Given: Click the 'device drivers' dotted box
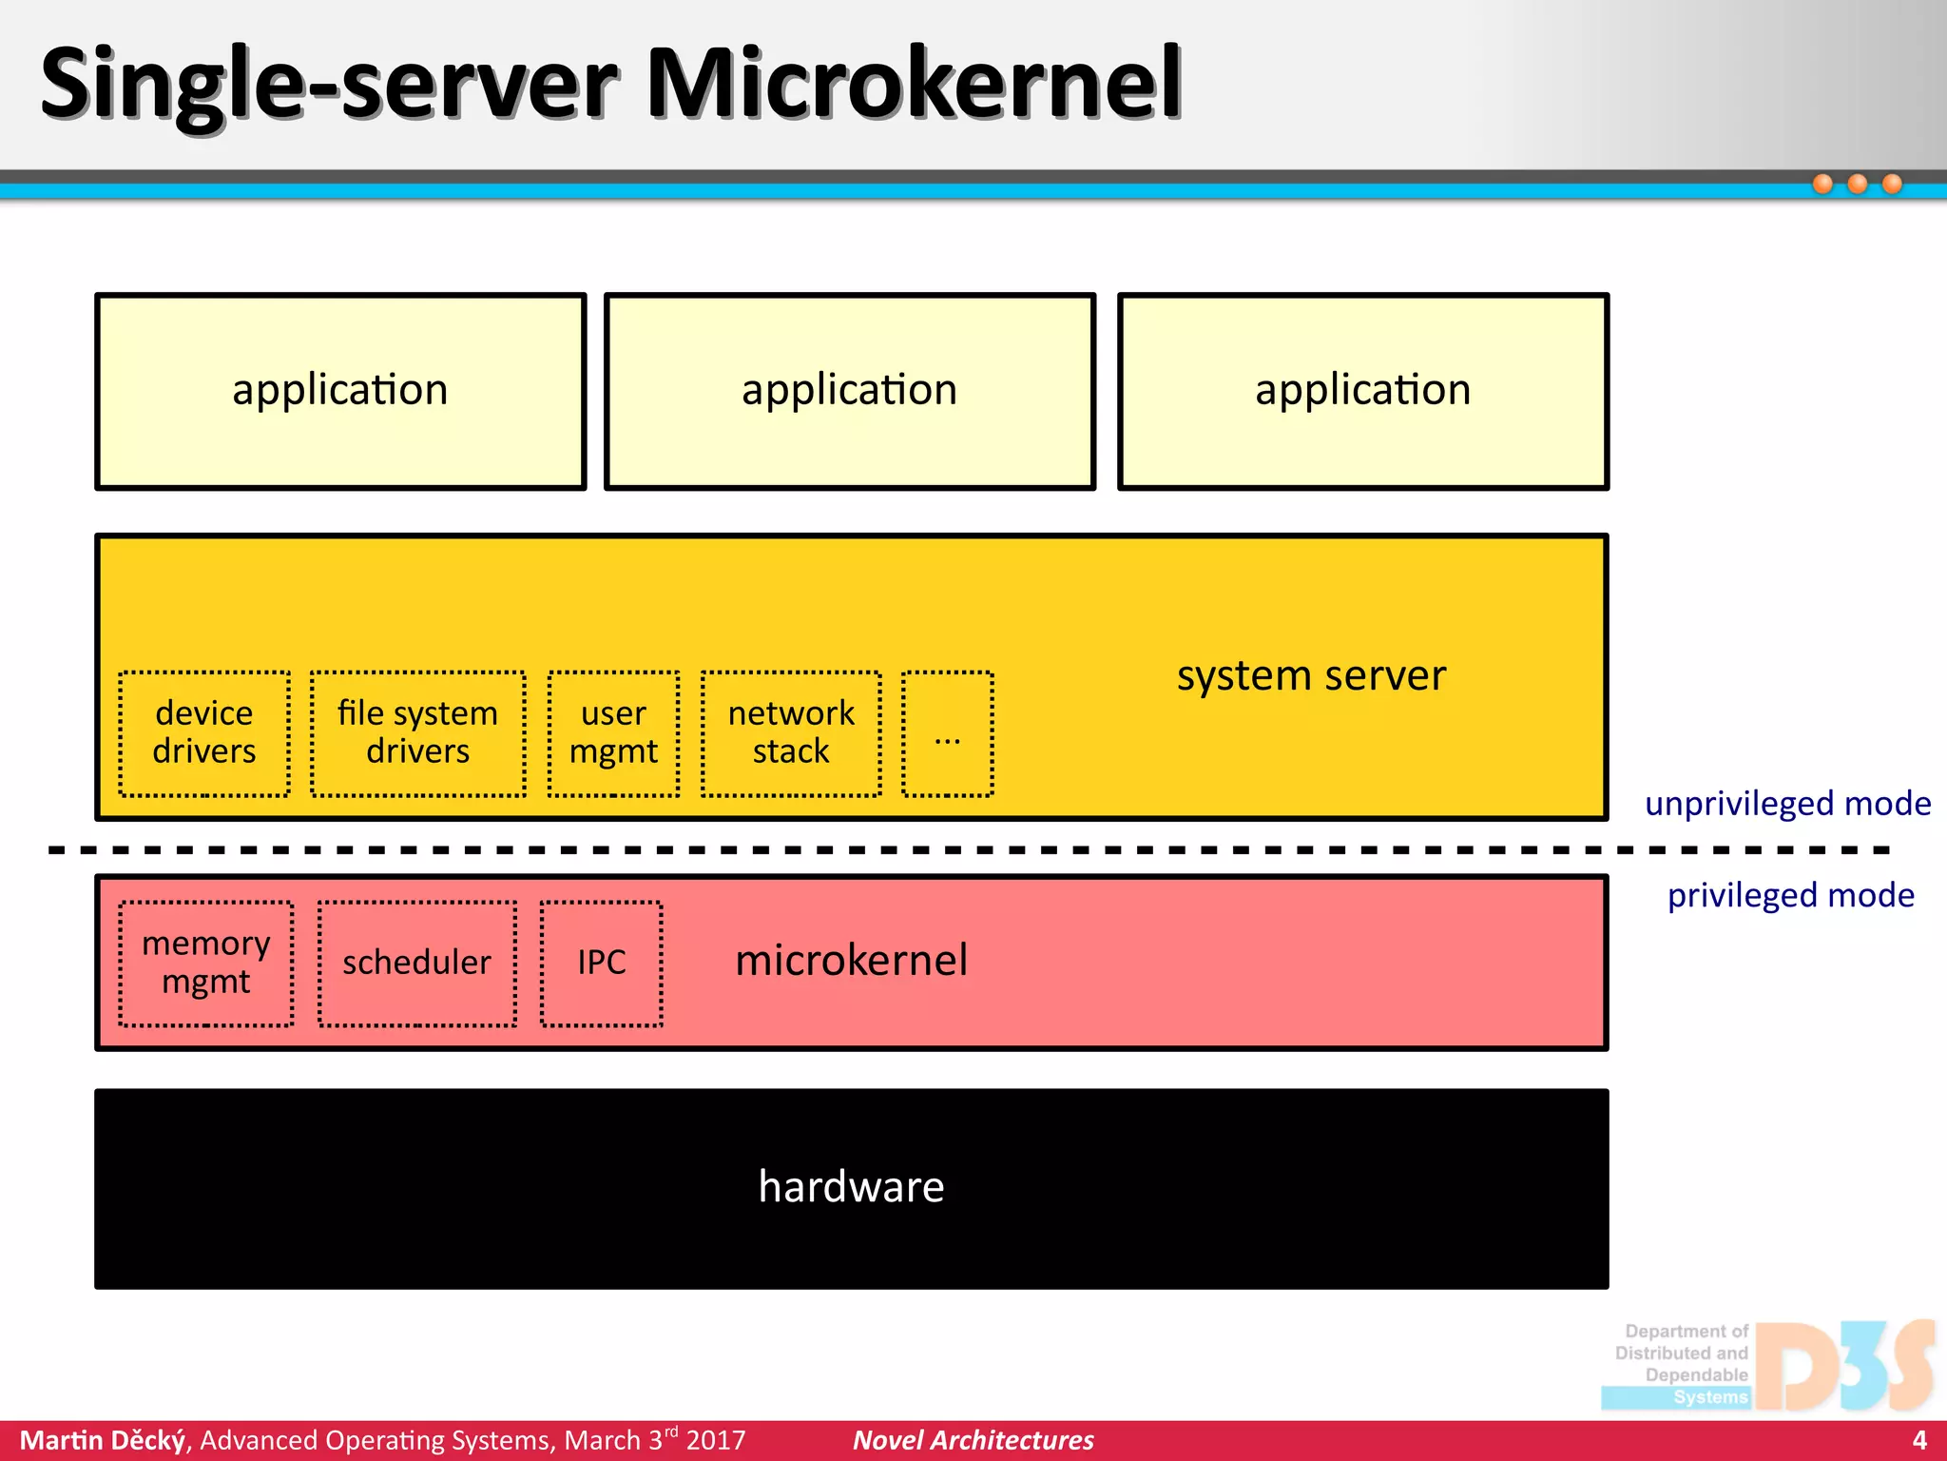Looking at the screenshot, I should tap(204, 733).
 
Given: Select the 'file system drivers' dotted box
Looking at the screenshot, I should tap(418, 733).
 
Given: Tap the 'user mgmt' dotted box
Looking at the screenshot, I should tap(613, 733).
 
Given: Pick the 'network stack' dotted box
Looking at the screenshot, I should tap(791, 733).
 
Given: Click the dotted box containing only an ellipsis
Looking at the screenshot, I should tap(947, 733).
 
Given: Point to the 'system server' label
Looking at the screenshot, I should tap(1311, 675).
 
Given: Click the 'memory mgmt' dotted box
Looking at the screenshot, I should tap(206, 963).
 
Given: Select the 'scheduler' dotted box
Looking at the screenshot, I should tap(417, 963).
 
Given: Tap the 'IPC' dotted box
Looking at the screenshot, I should tap(602, 963).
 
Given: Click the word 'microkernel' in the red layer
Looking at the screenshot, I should tap(851, 960).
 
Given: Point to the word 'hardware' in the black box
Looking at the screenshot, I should tap(851, 1187).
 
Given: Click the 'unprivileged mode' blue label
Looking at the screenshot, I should tap(1787, 804).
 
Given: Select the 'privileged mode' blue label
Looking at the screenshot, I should tap(1790, 895).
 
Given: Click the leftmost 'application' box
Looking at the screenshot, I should tap(340, 391).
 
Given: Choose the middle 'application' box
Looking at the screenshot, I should tap(850, 391).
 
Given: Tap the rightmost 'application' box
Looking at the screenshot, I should tap(1362, 391).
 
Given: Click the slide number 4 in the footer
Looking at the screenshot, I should tap(1919, 1440).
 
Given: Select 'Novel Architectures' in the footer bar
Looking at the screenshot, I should tap(973, 1440).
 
